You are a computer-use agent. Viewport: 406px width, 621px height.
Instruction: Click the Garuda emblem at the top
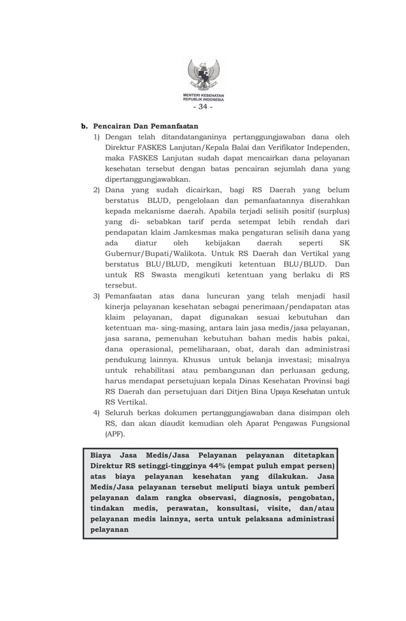coord(203,76)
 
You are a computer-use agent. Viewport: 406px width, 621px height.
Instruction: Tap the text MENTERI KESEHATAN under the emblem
coord(203,95)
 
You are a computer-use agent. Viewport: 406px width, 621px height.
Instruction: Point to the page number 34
coord(203,106)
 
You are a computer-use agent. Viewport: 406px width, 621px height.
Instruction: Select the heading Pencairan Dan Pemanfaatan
coord(139,125)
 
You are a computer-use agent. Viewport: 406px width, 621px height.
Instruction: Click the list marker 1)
coord(97,137)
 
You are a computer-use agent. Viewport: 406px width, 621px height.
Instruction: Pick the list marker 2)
coord(97,190)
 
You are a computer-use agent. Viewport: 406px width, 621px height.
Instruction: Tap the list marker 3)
coord(97,296)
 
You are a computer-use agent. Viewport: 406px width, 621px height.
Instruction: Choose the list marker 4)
coord(97,412)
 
